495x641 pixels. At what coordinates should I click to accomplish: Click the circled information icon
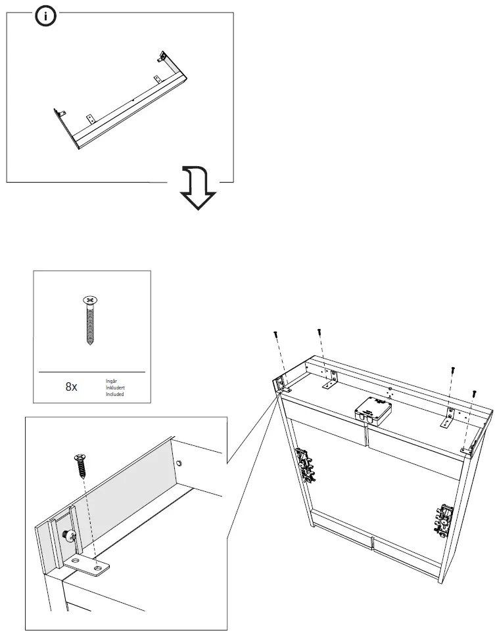(45, 17)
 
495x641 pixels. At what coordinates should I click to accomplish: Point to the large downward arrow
(197, 187)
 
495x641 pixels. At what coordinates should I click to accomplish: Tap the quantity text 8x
(71, 387)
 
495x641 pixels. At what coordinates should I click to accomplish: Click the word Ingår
(111, 381)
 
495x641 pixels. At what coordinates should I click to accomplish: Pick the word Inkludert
(115, 387)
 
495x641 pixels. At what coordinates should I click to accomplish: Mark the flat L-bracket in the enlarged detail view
(88, 564)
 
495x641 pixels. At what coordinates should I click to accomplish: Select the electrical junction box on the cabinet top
(372, 410)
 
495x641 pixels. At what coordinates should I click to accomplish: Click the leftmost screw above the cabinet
(277, 336)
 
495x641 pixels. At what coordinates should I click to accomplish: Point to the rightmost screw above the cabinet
(473, 394)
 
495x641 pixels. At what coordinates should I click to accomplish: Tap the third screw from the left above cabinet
(452, 370)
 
